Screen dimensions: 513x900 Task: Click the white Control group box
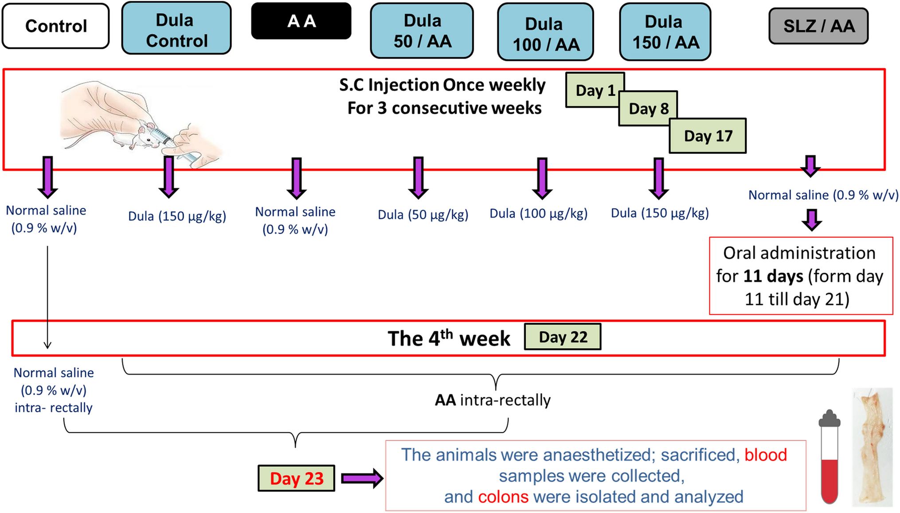(x=55, y=26)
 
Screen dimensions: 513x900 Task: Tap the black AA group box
(x=301, y=21)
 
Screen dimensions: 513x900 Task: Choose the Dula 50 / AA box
(x=422, y=31)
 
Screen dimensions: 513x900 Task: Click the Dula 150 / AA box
(x=665, y=31)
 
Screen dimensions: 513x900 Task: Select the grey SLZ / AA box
(x=818, y=26)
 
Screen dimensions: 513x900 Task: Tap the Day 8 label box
(x=649, y=109)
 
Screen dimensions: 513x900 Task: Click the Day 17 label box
(x=708, y=136)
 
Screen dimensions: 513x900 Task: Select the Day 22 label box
(x=563, y=337)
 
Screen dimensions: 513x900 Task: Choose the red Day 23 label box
(x=296, y=478)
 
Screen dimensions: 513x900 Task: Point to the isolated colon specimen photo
(x=872, y=448)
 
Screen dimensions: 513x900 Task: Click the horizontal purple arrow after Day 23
(x=362, y=478)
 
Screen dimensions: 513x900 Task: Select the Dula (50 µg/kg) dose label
(x=423, y=215)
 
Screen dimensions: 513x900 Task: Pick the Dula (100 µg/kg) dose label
(x=538, y=214)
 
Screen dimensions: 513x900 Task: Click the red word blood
(x=766, y=455)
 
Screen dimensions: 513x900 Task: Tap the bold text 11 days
(x=773, y=276)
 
